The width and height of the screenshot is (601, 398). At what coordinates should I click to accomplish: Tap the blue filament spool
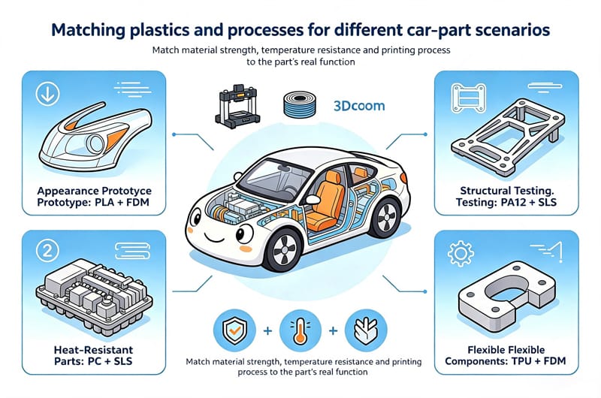click(300, 104)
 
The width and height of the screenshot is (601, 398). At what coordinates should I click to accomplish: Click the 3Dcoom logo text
click(359, 106)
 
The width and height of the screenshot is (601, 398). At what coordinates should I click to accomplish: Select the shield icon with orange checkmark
click(234, 330)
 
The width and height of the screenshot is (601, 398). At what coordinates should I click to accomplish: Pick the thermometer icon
click(300, 330)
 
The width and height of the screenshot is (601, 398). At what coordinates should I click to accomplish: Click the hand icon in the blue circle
click(366, 330)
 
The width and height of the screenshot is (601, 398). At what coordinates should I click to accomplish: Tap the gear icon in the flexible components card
click(461, 253)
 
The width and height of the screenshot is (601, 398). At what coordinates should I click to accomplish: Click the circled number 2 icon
click(47, 251)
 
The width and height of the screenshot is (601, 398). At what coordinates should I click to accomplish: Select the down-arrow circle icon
click(47, 94)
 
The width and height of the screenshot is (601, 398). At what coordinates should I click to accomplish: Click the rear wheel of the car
click(385, 218)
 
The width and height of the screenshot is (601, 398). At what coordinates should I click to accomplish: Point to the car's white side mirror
click(312, 199)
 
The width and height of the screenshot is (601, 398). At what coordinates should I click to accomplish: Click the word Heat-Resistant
click(93, 350)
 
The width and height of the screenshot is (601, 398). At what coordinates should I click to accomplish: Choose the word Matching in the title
click(88, 30)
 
